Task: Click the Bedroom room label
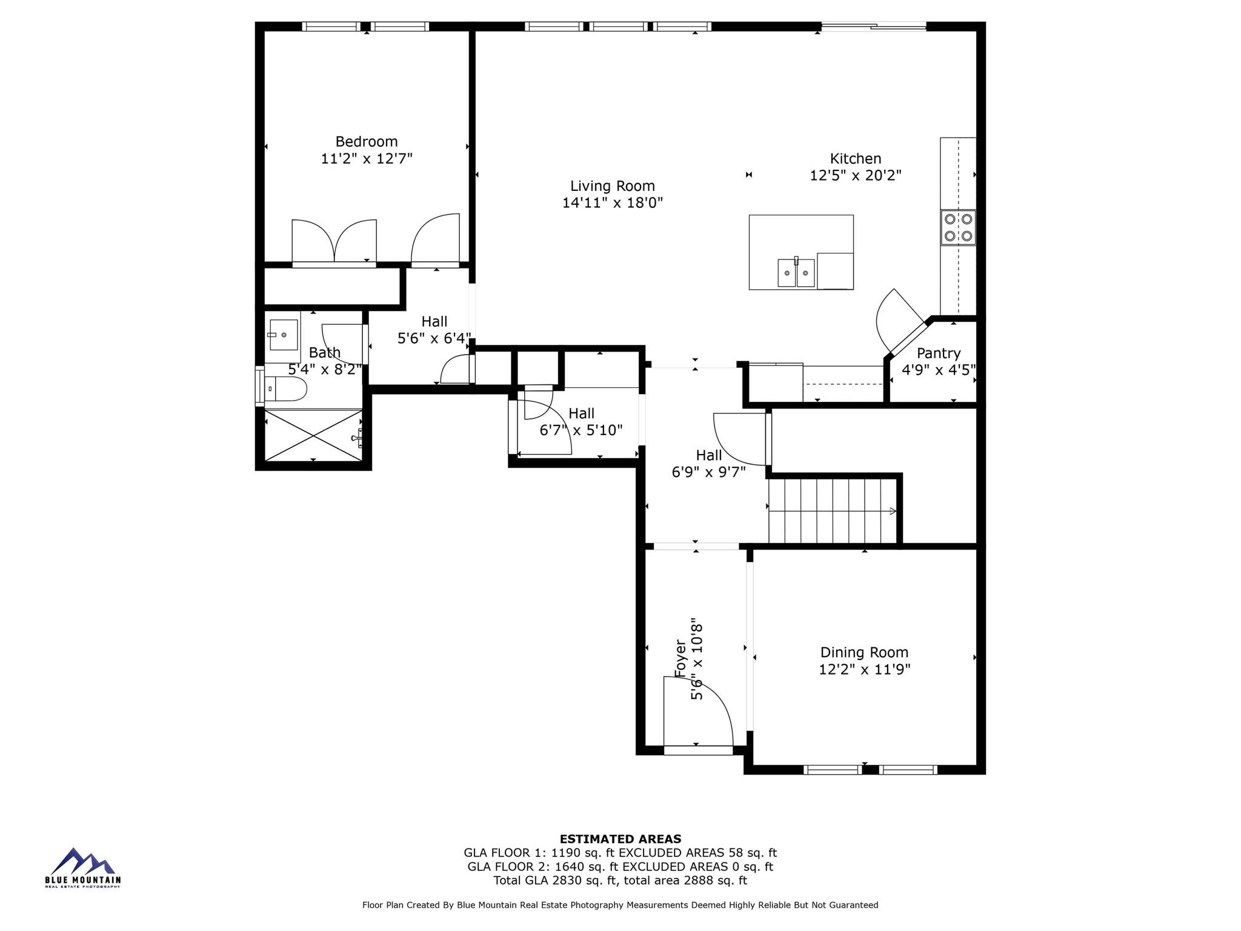click(x=366, y=141)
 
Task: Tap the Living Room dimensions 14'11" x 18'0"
click(x=612, y=203)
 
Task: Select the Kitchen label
click(x=855, y=159)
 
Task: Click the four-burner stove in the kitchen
click(x=958, y=227)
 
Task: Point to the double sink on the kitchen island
click(x=796, y=273)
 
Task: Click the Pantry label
click(x=938, y=353)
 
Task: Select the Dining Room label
click(x=864, y=652)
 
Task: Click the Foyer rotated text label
click(x=681, y=659)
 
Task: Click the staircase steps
click(x=831, y=511)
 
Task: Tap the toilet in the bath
click(x=285, y=389)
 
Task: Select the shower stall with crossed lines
click(x=313, y=435)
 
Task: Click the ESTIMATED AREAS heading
click(x=620, y=839)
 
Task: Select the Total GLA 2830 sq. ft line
click(x=620, y=881)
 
